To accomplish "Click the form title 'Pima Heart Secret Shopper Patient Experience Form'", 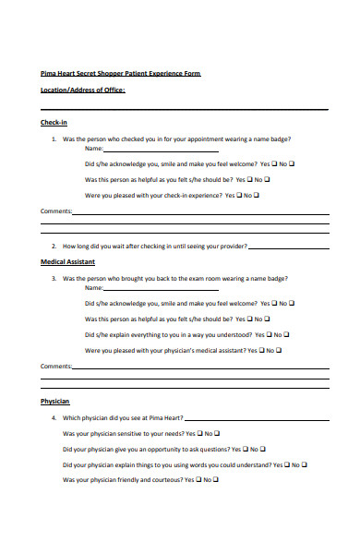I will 120,73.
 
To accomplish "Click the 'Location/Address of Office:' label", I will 83,90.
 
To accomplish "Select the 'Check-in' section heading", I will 54,123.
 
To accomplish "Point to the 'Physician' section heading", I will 55,402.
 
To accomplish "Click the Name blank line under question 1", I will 161,149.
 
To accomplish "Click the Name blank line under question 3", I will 161,287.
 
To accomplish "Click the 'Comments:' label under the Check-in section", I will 56,211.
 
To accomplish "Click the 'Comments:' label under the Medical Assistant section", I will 56,367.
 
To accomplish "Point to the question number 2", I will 54,247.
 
